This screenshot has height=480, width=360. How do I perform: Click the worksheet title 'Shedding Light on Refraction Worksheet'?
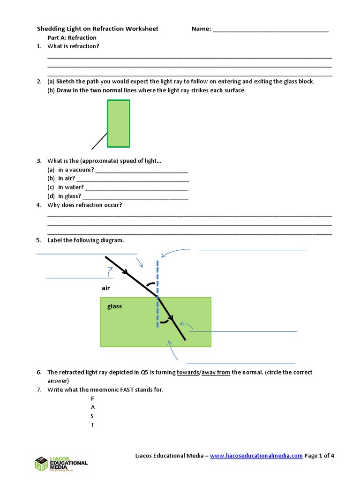point(97,29)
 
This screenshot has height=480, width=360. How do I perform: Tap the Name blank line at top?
point(270,31)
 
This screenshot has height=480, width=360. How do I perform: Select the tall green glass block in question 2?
point(119,123)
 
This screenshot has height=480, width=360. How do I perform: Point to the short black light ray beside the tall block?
point(99,141)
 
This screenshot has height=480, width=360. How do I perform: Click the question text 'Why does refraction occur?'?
point(84,205)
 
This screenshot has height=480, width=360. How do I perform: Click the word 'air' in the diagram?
point(105,288)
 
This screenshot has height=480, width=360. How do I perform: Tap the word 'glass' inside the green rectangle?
point(114,306)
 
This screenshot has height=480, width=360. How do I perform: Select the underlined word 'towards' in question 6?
point(188,372)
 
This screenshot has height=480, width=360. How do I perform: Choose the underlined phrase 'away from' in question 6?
point(216,372)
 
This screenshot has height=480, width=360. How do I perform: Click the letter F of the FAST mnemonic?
point(92,398)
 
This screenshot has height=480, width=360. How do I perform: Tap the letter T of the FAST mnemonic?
point(92,425)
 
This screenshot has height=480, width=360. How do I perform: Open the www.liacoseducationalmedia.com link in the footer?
point(256,455)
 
